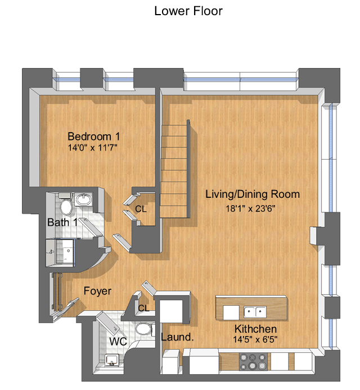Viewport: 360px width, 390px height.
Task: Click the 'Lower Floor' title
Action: tap(188, 11)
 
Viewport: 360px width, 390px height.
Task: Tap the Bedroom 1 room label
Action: tap(93, 137)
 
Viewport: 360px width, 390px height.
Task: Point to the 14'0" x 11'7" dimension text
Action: tap(93, 148)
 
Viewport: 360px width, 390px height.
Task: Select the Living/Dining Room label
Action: tap(253, 194)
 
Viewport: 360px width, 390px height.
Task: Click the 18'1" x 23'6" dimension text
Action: tap(250, 208)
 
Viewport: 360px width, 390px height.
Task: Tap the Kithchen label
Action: tap(255, 329)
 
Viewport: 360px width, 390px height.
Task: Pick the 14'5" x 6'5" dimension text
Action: tap(255, 339)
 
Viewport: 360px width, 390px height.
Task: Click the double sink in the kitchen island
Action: tap(255, 312)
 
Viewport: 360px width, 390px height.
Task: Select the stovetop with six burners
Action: tap(253, 362)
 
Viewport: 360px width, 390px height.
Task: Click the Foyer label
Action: tap(97, 291)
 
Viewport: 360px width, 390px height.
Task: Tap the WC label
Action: tap(118, 342)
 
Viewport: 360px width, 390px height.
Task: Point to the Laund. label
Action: tap(177, 337)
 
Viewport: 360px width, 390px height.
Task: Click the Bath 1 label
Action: tap(62, 223)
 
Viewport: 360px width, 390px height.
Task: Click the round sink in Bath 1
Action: tap(84, 199)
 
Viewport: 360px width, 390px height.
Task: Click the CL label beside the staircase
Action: tap(141, 209)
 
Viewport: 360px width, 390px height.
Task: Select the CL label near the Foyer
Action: tap(143, 308)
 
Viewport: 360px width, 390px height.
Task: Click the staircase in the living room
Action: tap(175, 169)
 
